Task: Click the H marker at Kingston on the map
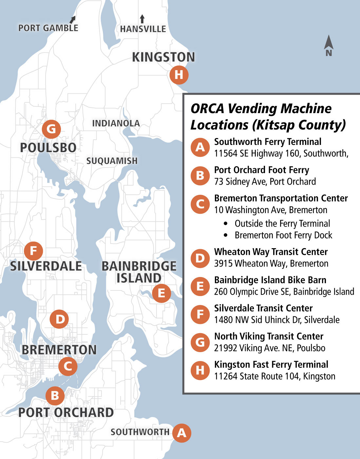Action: tap(179, 75)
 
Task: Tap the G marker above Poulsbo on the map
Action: tap(51, 129)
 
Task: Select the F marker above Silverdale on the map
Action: tap(33, 251)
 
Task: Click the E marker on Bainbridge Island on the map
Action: tap(161, 293)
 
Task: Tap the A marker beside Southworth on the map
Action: tap(181, 433)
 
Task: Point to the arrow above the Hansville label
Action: tap(142, 19)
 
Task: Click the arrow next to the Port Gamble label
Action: tap(73, 20)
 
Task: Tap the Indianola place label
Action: tap(116, 124)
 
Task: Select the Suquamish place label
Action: tap(112, 161)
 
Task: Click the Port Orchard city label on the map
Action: tap(66, 412)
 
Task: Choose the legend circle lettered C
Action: tap(200, 204)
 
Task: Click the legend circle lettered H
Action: tap(200, 370)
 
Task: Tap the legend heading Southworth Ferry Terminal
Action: tap(268, 142)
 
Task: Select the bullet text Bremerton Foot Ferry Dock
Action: tap(283, 235)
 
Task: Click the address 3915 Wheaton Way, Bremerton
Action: tap(271, 264)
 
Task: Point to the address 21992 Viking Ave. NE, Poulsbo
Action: tap(270, 348)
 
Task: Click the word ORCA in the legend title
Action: tap(207, 109)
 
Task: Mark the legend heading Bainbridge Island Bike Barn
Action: tap(270, 280)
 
